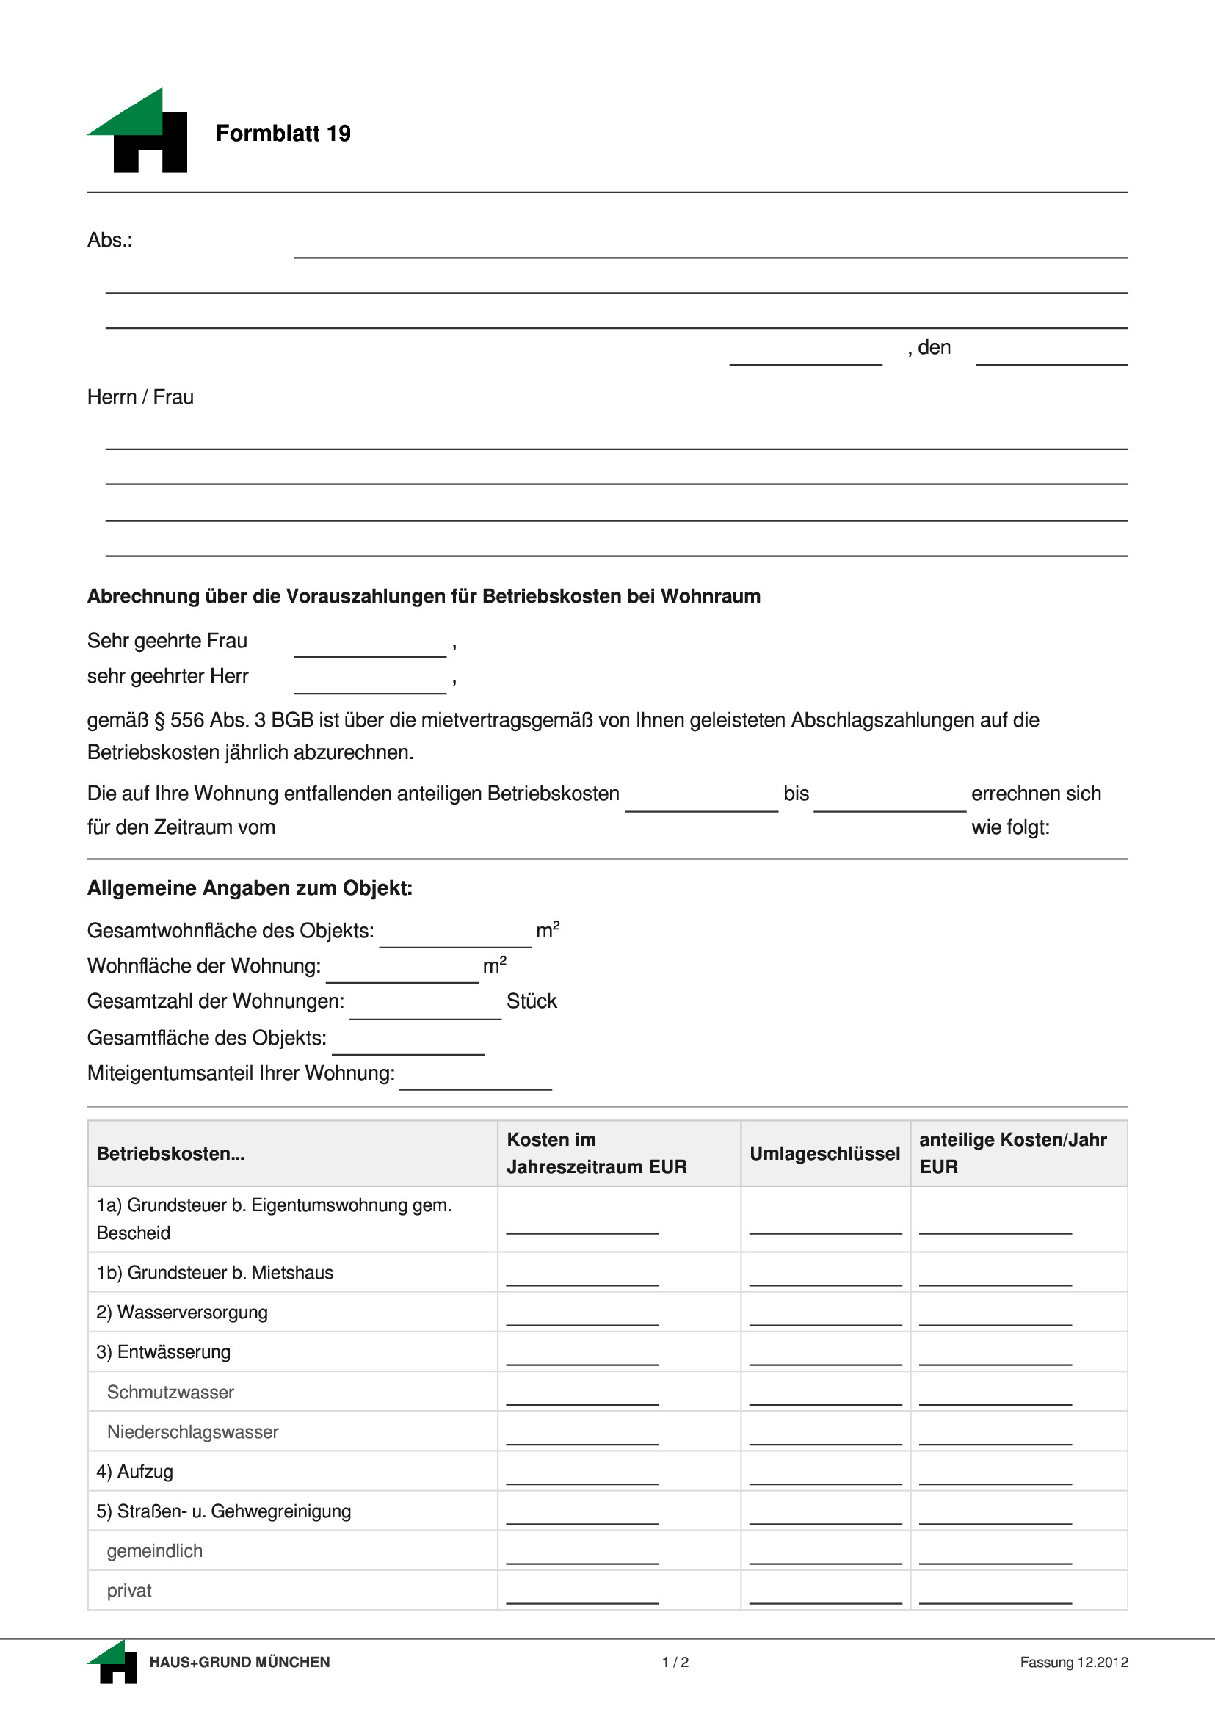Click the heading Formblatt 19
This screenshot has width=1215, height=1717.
click(x=283, y=133)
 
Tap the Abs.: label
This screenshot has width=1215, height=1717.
click(x=110, y=240)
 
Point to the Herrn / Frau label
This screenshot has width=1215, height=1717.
click(x=141, y=397)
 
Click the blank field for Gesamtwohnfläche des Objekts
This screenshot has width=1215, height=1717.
click(x=455, y=939)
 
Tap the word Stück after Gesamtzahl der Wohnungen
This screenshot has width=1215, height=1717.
click(x=532, y=1001)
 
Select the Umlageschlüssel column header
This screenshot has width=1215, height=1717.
click(x=824, y=1154)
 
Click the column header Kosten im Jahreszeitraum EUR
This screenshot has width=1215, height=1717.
click(x=596, y=1153)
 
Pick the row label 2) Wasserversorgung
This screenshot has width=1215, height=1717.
click(x=182, y=1313)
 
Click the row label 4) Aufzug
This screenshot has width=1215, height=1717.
click(x=134, y=1472)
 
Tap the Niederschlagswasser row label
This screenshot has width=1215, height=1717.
click(x=192, y=1432)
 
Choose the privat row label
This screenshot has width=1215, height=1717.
click(x=128, y=1591)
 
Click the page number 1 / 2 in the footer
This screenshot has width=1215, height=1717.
click(x=675, y=1663)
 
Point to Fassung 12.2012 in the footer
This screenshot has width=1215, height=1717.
click(x=1073, y=1663)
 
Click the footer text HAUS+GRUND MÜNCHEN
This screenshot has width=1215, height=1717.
click(x=239, y=1663)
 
